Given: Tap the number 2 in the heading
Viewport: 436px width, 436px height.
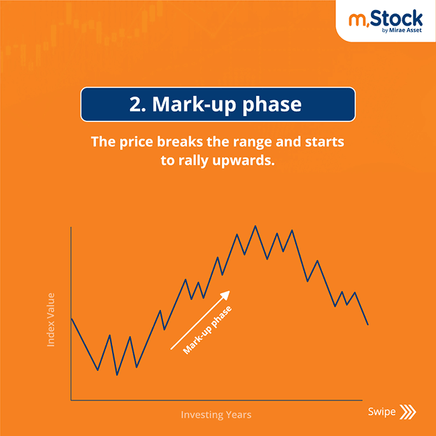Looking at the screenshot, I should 135,105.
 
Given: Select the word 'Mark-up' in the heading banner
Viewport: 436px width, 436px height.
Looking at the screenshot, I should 195,105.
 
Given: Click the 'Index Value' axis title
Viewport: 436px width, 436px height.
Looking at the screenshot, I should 51,319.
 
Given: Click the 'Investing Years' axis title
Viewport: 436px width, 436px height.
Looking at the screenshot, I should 216,415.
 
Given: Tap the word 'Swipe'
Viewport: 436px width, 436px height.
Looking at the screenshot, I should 382,412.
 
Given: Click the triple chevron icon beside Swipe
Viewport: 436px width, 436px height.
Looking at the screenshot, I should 407,412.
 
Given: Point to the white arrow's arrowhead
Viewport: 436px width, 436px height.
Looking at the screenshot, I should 226,294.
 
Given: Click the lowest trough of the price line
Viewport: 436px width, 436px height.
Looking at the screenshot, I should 117,374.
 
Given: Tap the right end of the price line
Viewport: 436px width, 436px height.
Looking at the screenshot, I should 368,325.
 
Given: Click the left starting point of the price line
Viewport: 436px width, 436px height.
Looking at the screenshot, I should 71,318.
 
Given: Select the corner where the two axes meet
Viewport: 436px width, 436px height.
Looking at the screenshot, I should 71,400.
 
